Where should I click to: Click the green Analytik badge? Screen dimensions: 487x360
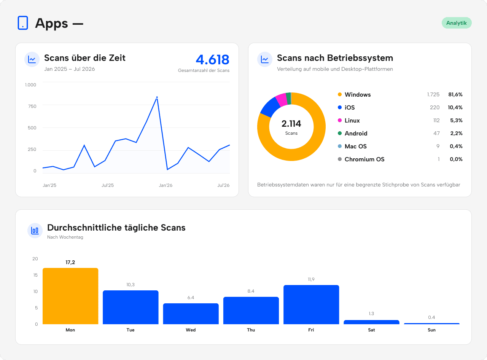[x=456, y=23]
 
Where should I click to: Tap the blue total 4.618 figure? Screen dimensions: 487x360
[x=212, y=59]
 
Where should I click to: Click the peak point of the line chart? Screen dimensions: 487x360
[x=157, y=97]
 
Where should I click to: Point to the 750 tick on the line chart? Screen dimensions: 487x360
[x=32, y=106]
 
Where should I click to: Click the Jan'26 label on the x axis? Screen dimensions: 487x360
[x=166, y=185]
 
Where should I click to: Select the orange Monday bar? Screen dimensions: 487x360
[x=70, y=296]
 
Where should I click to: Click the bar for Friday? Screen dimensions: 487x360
[x=311, y=304]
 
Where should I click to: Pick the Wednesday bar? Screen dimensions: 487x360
[x=191, y=314]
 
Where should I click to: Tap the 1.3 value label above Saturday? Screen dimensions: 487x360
[x=371, y=314]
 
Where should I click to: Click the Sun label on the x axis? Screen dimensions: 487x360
[x=431, y=330]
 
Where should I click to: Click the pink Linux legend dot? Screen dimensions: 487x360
[x=339, y=120]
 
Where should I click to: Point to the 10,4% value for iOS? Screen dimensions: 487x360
[x=455, y=107]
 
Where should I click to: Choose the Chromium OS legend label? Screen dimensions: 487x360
[x=364, y=159]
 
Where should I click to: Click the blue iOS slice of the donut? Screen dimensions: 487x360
[x=270, y=107]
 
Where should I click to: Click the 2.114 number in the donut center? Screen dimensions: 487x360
[x=291, y=124]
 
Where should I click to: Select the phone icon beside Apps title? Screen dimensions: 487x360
[x=23, y=22]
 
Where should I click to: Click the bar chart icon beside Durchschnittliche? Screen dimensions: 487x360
[x=35, y=230]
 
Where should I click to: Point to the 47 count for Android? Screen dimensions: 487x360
[x=436, y=133]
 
